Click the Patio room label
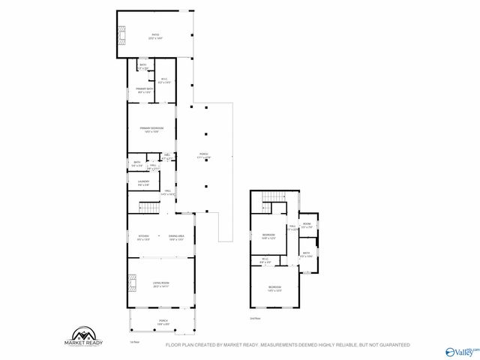point(155,35)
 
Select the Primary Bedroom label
point(151,129)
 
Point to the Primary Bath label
point(144,91)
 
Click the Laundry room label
point(143,182)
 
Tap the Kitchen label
point(143,238)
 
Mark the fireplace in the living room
point(132,283)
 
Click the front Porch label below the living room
point(163,323)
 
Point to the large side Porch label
point(203,156)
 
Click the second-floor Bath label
point(306,255)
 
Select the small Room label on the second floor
point(307,225)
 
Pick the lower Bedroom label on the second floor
point(275,289)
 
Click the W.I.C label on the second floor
point(265,261)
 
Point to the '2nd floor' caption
point(256,319)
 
